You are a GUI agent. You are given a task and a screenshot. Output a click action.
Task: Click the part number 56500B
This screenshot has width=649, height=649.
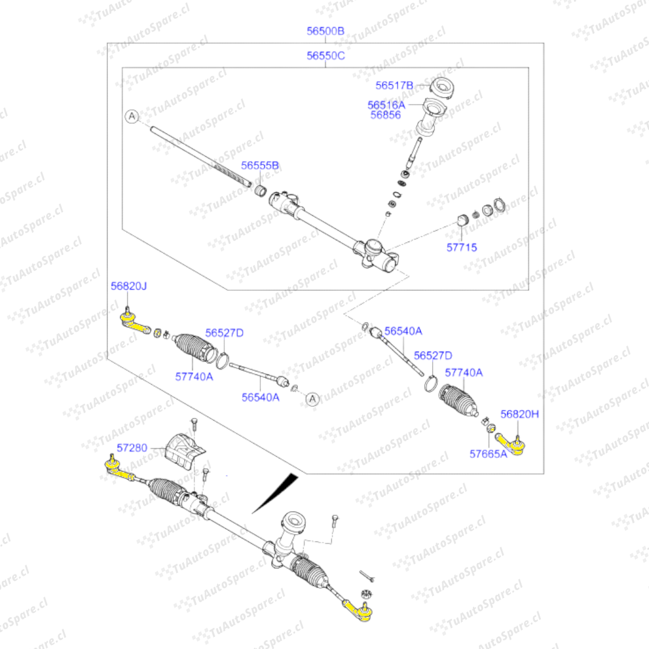(325, 31)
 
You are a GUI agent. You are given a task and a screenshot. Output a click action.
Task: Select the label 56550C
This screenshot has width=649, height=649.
(325, 55)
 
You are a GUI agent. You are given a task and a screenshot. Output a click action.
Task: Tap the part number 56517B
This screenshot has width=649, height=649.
(394, 85)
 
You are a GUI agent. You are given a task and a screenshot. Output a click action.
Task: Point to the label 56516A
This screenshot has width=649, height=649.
(386, 105)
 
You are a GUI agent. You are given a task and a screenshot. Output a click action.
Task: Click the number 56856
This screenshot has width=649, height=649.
(385, 115)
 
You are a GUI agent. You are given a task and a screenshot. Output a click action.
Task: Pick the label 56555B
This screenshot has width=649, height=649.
(260, 166)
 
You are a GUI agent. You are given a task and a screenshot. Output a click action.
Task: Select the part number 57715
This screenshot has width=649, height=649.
(462, 247)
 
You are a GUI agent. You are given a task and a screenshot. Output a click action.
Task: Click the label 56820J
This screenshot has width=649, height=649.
(129, 286)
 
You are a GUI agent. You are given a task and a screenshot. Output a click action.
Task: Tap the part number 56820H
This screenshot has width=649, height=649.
(519, 414)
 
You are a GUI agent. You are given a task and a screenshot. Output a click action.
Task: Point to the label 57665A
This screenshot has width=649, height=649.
(488, 454)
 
